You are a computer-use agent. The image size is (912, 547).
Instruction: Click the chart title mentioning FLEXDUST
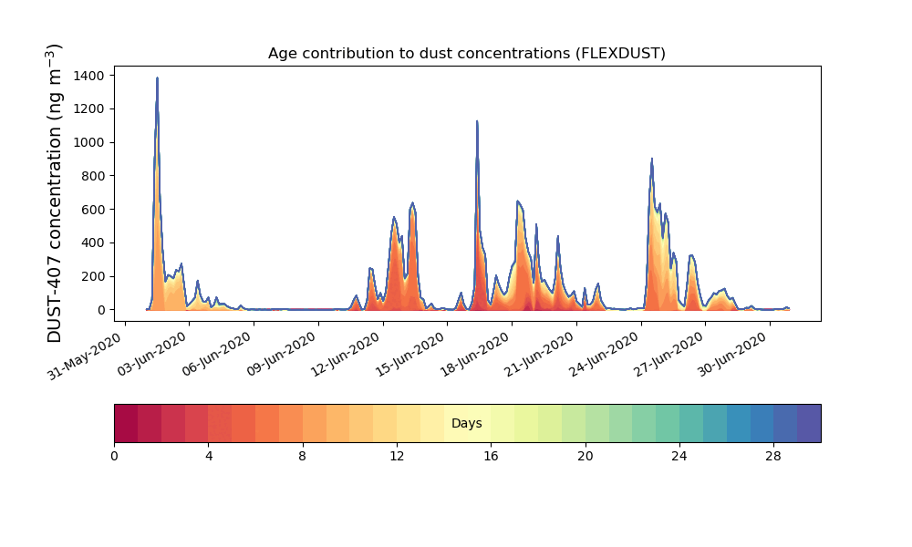[466, 54]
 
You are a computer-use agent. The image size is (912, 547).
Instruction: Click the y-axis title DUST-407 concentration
[54, 193]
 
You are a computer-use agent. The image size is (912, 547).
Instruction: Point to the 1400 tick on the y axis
[89, 76]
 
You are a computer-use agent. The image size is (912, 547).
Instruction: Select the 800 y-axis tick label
[93, 176]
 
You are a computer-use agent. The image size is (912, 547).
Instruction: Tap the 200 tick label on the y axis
[93, 277]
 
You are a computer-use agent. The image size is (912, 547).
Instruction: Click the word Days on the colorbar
[466, 423]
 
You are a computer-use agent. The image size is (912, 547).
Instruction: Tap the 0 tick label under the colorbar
[114, 457]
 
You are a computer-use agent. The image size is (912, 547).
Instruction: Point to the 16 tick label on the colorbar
[491, 457]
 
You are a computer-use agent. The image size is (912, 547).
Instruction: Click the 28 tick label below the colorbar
[773, 457]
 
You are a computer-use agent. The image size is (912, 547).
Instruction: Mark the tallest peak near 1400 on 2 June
[157, 78]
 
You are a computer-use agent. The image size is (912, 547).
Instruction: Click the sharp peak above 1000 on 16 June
[477, 121]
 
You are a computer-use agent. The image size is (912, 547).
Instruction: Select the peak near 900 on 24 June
[651, 159]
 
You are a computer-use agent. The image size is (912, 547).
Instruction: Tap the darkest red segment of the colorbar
[126, 423]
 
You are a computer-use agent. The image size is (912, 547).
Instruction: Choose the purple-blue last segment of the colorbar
[809, 423]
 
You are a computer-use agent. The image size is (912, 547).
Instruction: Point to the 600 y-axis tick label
[93, 210]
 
